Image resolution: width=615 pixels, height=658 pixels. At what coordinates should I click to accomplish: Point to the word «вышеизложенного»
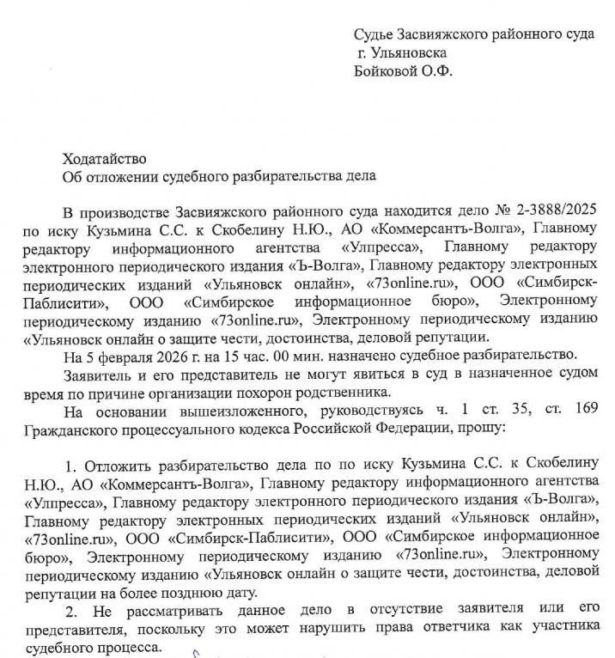click(225, 410)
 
